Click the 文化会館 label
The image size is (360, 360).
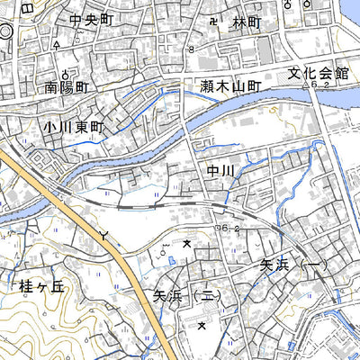318,74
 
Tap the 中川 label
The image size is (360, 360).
220,170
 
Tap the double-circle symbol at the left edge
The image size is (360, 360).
4,31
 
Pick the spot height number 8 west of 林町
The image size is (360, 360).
191,50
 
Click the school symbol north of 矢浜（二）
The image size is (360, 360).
188,243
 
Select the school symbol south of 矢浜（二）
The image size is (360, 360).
202,325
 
